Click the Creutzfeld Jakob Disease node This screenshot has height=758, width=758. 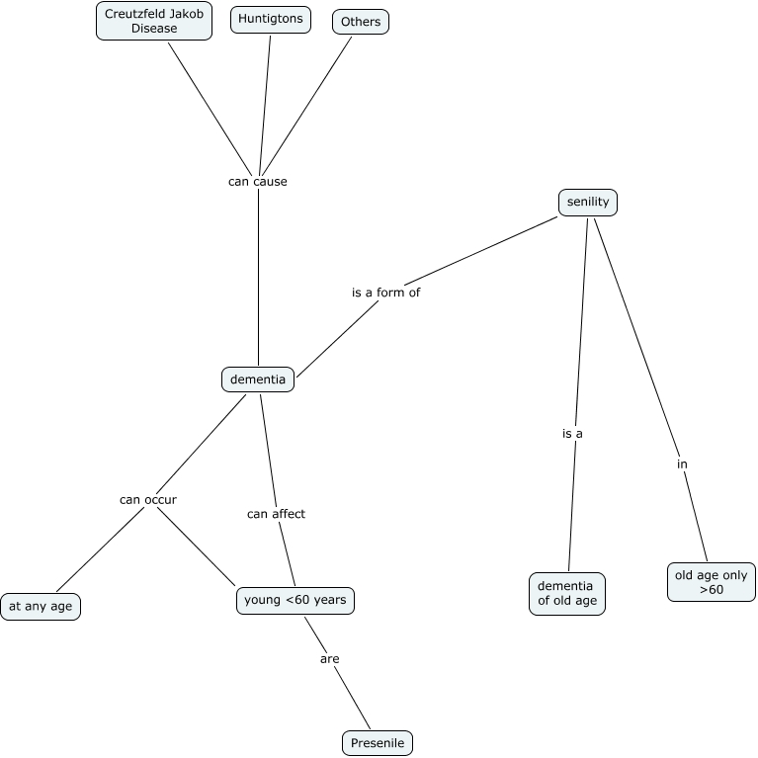pyautogui.click(x=154, y=21)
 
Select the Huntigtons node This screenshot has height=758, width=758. pyautogui.click(x=270, y=20)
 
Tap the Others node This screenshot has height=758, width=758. pyautogui.click(x=360, y=22)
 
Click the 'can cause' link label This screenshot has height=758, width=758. pyautogui.click(x=258, y=182)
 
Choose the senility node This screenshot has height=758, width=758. pyautogui.click(x=588, y=203)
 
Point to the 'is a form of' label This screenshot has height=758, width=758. pyautogui.click(x=386, y=293)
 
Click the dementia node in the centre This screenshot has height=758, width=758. pyautogui.click(x=258, y=379)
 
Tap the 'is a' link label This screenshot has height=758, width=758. pyautogui.click(x=573, y=433)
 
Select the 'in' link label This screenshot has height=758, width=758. pyautogui.click(x=682, y=463)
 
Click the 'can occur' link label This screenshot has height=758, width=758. pyautogui.click(x=148, y=499)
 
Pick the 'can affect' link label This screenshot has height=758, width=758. pyautogui.click(x=276, y=514)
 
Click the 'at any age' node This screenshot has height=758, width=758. pyautogui.click(x=41, y=606)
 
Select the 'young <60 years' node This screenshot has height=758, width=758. pyautogui.click(x=295, y=600)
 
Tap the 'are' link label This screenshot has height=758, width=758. pyautogui.click(x=330, y=658)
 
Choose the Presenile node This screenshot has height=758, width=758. pyautogui.click(x=377, y=743)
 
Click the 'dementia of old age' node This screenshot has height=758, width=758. pyautogui.click(x=567, y=593)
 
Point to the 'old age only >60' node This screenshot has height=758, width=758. pyautogui.click(x=712, y=582)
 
